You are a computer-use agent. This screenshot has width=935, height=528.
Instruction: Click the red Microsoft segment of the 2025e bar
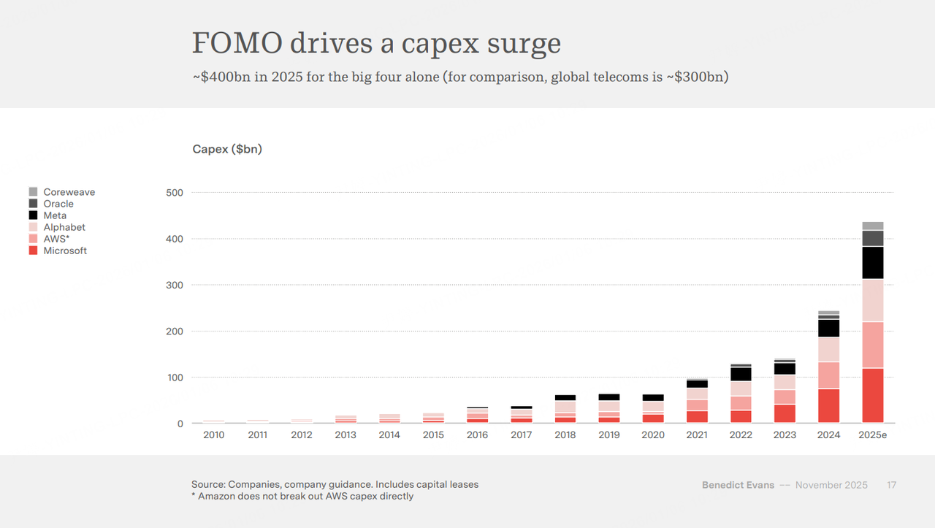[x=872, y=395]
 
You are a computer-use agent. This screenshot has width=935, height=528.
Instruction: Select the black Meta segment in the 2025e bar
[x=872, y=263]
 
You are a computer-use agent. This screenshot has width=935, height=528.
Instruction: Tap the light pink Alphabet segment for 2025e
[x=872, y=300]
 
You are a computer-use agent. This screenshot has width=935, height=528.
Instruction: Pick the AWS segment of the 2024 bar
[x=828, y=375]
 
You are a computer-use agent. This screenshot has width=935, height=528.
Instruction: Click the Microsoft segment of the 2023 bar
[x=785, y=413]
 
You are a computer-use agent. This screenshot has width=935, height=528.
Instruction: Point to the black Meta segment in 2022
[x=741, y=374]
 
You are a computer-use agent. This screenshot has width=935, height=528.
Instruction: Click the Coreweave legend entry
[x=69, y=192]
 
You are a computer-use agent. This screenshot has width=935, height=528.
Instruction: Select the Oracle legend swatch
[x=33, y=204]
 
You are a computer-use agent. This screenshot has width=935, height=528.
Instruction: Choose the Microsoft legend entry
[x=64, y=250]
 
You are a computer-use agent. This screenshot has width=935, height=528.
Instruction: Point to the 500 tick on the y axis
[x=174, y=193]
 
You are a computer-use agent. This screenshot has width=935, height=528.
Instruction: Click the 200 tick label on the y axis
[x=174, y=332]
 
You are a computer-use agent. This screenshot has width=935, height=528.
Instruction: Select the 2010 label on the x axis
[x=214, y=435]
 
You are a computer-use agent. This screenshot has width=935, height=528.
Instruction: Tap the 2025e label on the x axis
[x=872, y=435]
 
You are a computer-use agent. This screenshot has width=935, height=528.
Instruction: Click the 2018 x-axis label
[x=565, y=435]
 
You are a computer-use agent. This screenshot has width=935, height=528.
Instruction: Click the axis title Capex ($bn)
[x=227, y=149]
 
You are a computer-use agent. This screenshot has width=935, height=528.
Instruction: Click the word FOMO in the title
[x=236, y=44]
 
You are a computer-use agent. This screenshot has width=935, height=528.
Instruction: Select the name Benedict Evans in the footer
[x=738, y=485]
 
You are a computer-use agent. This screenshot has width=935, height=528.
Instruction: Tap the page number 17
[x=891, y=485]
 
